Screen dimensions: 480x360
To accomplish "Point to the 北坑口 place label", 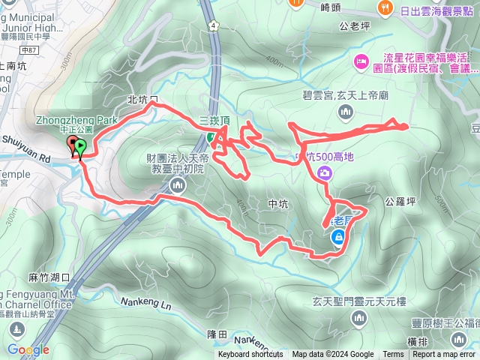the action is tap(143, 100).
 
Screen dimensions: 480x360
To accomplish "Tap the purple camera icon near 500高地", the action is tap(325, 173).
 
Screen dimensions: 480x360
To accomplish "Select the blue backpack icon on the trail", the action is tap(338, 238).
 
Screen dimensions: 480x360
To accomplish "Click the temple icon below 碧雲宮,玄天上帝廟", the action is tap(346, 112).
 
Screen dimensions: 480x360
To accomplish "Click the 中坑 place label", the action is tap(277, 203).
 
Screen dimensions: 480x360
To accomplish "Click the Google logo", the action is tap(28, 349).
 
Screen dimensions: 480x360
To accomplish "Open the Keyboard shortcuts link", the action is tap(250, 355).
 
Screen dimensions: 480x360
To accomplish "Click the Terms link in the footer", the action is tap(393, 355).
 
